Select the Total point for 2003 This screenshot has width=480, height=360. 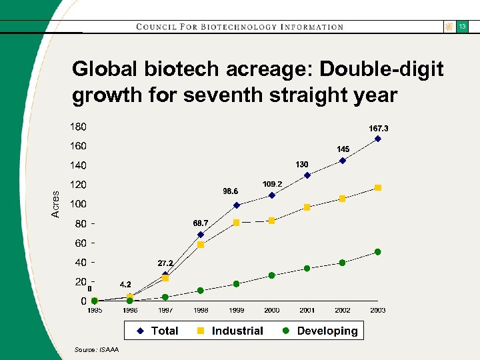click(x=378, y=139)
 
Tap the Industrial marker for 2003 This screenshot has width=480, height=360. click(x=378, y=188)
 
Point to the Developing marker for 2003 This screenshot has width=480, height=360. click(x=378, y=252)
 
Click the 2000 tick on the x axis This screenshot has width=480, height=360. click(x=271, y=311)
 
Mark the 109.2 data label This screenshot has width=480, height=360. click(x=272, y=184)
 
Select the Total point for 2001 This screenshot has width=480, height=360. click(x=307, y=175)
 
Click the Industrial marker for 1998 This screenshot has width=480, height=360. click(x=201, y=245)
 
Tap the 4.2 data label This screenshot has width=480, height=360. click(x=125, y=285)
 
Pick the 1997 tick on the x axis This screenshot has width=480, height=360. click(x=165, y=311)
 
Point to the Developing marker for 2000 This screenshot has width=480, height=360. click(x=271, y=275)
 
